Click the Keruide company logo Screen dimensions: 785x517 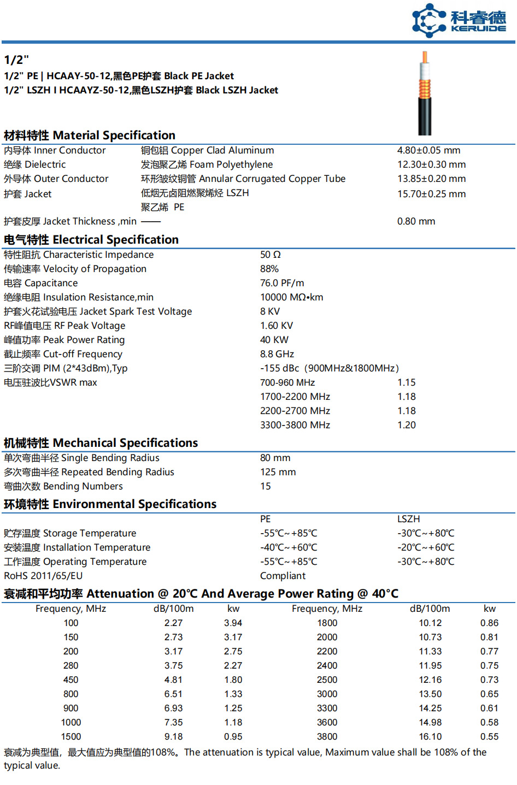pos(459,20)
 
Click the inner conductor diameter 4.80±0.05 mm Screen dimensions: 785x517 pos(428,150)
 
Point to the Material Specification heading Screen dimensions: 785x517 pos(90,135)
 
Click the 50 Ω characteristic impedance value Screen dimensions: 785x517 pos(271,255)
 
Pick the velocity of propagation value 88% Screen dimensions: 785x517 pos(269,269)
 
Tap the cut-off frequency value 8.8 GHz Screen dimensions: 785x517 pos(277,354)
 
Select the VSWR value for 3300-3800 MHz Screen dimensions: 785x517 pos(406,425)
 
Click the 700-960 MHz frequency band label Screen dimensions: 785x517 pos(287,382)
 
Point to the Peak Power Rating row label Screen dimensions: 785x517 pos(64,340)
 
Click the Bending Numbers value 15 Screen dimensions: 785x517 pos(266,486)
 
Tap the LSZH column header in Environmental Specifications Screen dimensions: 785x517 pos(409,519)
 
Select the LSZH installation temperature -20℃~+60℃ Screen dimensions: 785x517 pos(426,547)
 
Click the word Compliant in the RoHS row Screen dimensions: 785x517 pos(283,576)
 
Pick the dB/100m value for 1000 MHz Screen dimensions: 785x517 pos(174,722)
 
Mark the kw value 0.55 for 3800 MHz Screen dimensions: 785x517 pos(489,736)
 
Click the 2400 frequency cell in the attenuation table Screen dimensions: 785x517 pos(327,665)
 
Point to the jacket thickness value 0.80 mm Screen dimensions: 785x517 pos(416,221)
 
